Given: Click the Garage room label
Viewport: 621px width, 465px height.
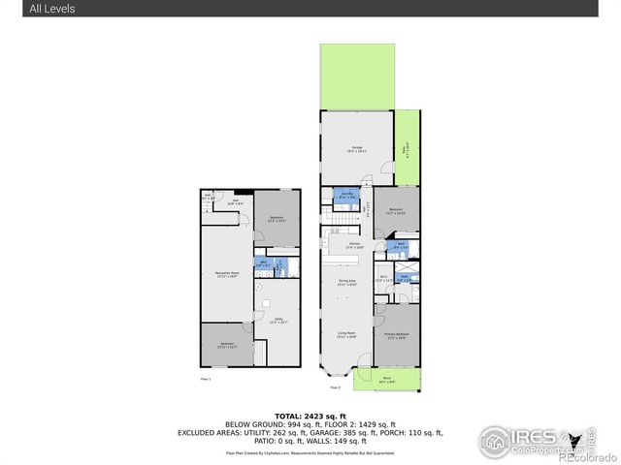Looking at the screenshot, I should click(357, 148).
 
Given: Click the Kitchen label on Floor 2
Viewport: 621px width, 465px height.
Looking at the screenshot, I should click(342, 245).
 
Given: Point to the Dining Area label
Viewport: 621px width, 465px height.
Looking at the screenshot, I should click(347, 283).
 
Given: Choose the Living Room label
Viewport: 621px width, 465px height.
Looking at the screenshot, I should click(346, 335).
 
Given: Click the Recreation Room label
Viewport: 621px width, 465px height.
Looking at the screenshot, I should click(228, 275).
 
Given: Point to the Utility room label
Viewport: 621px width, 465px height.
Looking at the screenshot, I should click(278, 320).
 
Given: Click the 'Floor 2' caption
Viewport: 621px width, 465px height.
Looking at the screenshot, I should click(335, 387).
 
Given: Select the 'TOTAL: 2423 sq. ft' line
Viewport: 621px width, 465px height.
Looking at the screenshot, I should click(310, 413).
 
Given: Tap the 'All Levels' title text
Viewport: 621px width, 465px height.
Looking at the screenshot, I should click(50, 9).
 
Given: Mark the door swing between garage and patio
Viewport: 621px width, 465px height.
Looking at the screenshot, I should click(387, 172).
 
